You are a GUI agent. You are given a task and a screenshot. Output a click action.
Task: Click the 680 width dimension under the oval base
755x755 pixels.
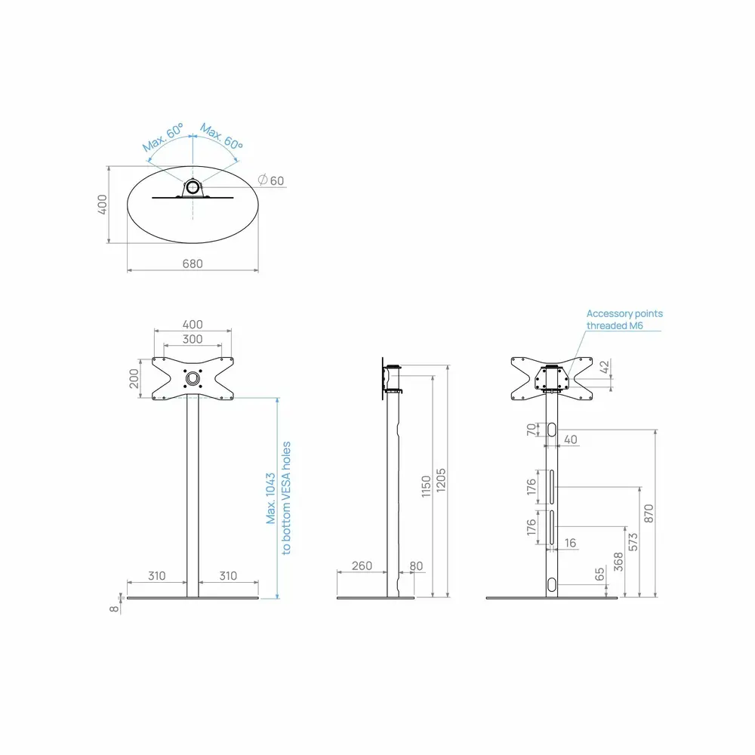[193, 263]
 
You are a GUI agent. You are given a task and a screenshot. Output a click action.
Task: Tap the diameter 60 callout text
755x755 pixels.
[271, 180]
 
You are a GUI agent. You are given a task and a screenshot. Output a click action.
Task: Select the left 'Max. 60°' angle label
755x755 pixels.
[163, 137]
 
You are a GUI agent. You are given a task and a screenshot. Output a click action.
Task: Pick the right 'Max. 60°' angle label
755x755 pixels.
[221, 137]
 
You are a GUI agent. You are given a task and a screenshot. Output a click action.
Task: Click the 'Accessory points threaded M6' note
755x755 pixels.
[624, 319]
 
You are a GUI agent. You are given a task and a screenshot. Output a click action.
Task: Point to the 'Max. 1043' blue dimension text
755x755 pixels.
[270, 498]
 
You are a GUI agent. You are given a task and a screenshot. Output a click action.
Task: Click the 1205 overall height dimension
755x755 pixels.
[441, 480]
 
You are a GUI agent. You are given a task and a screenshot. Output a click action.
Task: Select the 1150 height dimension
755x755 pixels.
[426, 486]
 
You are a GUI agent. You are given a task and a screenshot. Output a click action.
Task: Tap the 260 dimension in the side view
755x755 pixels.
[362, 565]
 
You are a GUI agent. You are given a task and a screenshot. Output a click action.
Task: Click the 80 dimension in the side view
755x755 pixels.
[416, 565]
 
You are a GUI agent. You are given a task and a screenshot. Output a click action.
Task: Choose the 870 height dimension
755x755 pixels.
[649, 513]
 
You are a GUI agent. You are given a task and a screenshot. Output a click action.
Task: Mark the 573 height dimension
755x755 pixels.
[633, 541]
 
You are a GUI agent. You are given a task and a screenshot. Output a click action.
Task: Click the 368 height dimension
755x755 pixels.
[618, 562]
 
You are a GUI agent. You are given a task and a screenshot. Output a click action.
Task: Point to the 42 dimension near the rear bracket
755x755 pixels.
[605, 366]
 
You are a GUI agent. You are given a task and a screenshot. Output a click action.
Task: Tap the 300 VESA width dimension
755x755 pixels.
[193, 339]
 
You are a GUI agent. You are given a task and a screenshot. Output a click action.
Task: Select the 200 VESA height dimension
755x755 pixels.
[134, 378]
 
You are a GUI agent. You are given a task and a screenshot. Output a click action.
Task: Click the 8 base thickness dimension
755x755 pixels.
[114, 609]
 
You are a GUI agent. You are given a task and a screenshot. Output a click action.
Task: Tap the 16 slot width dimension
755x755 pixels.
[570, 543]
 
